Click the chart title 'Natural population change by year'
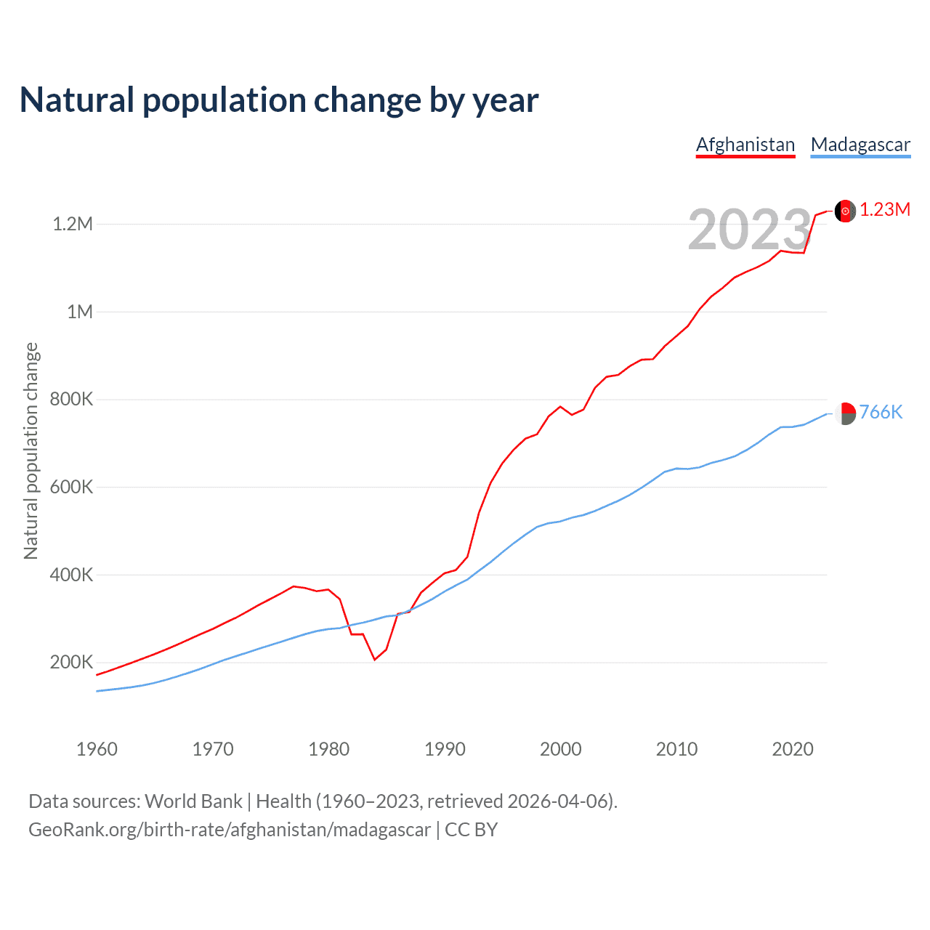point(279,100)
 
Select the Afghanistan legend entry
point(745,145)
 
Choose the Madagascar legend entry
point(860,145)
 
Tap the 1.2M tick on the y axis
point(73,224)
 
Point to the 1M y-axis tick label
point(80,312)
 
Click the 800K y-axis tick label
point(71,400)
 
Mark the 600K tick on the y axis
point(71,487)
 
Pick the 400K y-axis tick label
point(71,575)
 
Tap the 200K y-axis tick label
point(71,663)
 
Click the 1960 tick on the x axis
point(97,749)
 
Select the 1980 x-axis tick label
point(329,749)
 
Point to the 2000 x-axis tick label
point(561,749)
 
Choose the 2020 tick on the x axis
point(793,749)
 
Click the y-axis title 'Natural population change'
point(31,450)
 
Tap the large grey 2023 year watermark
point(749,230)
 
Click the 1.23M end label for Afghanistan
point(885,210)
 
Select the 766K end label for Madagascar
point(881,413)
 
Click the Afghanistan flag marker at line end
point(845,211)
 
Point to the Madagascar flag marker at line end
point(845,413)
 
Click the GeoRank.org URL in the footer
point(230,830)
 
